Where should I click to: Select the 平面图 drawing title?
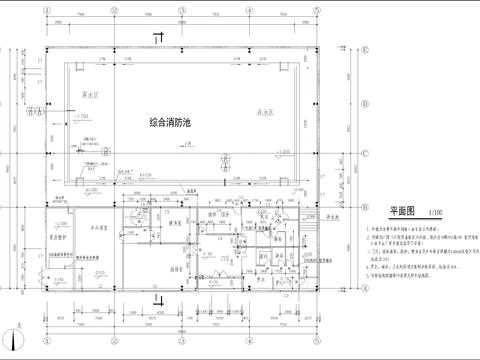pos(400,212)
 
